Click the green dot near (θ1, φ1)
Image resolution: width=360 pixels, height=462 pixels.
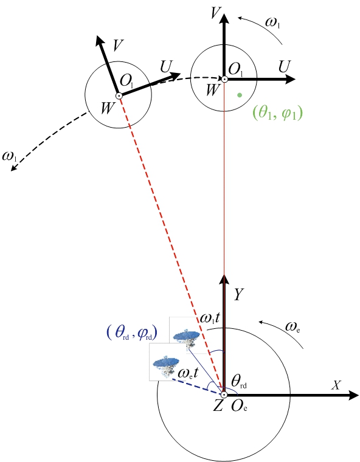[x=240, y=95]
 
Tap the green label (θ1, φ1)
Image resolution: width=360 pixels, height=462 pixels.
[x=277, y=113]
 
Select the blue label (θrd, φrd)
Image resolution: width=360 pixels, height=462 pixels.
[x=131, y=333]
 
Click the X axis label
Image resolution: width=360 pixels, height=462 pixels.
[x=336, y=385]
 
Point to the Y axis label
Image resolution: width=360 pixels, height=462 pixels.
[x=238, y=294]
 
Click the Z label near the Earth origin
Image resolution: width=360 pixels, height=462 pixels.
[x=218, y=405]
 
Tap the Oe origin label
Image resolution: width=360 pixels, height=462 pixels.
[x=239, y=406]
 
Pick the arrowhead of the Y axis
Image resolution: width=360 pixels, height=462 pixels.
[x=224, y=279]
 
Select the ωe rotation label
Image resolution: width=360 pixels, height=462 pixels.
[x=292, y=327]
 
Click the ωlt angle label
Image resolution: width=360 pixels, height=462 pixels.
[x=210, y=318]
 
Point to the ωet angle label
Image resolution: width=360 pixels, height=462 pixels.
[x=188, y=373]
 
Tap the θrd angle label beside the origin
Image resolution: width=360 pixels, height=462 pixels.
[x=239, y=382]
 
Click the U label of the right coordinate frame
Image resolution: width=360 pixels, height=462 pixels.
[x=285, y=67]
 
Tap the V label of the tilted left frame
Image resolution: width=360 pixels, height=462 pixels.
[x=118, y=45]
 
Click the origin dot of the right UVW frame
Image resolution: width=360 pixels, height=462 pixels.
[x=224, y=79]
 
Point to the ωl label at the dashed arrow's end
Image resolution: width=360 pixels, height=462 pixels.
[x=9, y=156]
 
